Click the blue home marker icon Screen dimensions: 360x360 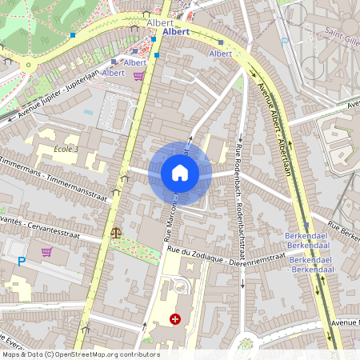point(179,173)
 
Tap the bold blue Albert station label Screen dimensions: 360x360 point(175,32)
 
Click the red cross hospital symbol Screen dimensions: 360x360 point(175,319)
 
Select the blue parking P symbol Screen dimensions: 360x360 point(22,262)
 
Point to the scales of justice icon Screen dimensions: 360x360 point(117,233)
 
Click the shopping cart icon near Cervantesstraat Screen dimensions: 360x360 point(46,252)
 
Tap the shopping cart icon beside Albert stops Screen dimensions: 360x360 point(139,76)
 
